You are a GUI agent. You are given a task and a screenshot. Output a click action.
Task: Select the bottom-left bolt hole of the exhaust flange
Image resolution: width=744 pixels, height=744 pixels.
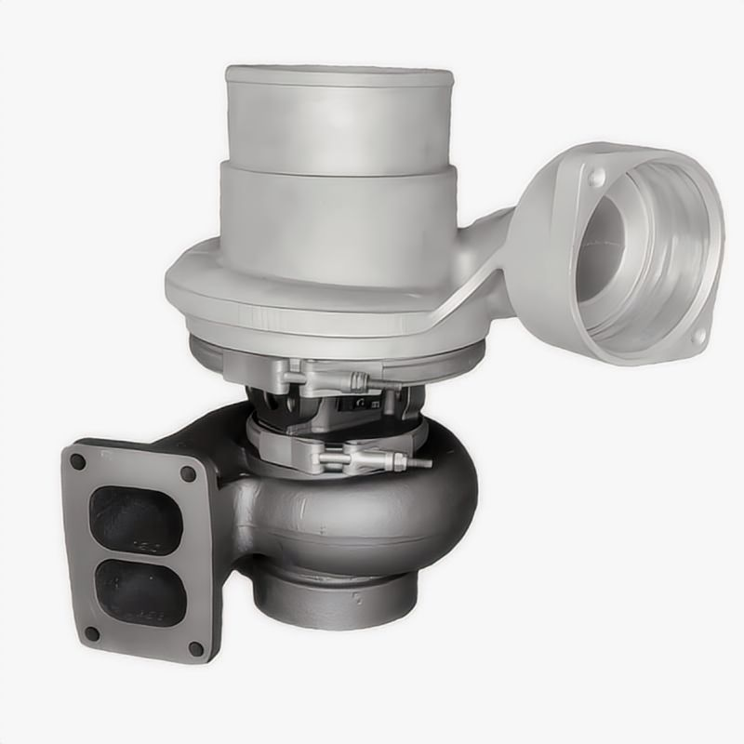92,633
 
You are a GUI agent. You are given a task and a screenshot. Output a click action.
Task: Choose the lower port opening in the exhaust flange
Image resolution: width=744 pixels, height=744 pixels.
141,593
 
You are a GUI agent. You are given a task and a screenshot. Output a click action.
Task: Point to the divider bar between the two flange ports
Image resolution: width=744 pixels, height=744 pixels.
139,556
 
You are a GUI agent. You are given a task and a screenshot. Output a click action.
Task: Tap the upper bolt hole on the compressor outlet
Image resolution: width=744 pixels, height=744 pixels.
595,176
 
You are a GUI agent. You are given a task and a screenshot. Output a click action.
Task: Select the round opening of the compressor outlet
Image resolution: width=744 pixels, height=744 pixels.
642,256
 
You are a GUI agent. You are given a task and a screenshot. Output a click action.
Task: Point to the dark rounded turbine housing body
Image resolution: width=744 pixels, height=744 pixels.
372,521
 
